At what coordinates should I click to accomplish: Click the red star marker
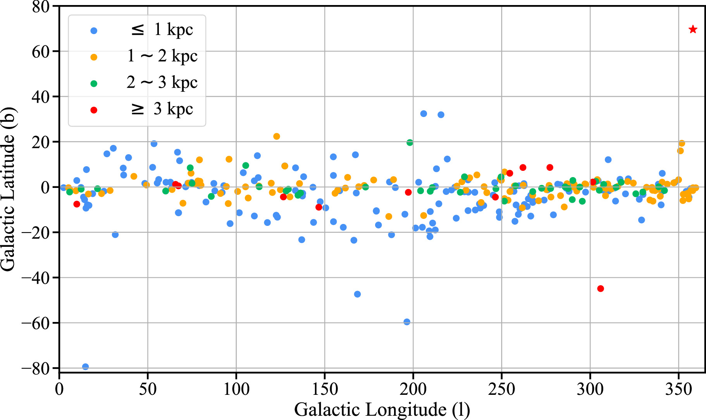click(x=693, y=29)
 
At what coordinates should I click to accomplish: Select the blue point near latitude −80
click(x=86, y=367)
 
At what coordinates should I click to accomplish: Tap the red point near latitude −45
click(x=601, y=288)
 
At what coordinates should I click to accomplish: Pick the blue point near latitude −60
click(x=407, y=322)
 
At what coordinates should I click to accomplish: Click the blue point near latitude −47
click(x=357, y=294)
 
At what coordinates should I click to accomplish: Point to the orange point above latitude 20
click(x=277, y=136)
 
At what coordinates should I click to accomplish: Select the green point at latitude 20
click(x=410, y=143)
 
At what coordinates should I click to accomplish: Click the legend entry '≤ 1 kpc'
click(x=162, y=30)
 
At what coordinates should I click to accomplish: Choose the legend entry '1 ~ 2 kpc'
click(x=162, y=57)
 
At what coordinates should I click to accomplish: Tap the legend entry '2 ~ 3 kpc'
click(x=162, y=83)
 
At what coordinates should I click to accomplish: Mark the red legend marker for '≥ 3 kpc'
click(x=94, y=110)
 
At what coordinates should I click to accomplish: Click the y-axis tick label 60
click(x=41, y=52)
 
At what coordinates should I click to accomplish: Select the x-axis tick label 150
click(x=325, y=389)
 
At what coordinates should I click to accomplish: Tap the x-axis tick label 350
click(x=678, y=389)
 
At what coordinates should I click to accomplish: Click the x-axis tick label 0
click(x=59, y=389)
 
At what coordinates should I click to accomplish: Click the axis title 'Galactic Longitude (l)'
click(x=382, y=410)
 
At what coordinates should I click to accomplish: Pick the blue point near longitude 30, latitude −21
click(x=115, y=234)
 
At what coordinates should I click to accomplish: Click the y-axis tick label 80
click(x=41, y=7)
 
